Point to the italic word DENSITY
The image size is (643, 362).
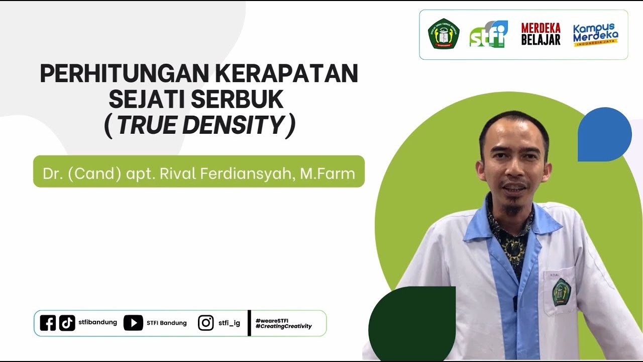tap(233, 125)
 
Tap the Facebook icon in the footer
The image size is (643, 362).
tap(48, 323)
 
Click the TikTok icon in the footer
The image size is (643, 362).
tap(67, 323)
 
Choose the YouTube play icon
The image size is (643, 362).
tap(133, 323)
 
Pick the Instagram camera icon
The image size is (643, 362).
tap(205, 323)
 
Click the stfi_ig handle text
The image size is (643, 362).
tap(229, 323)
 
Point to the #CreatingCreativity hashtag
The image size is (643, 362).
tap(283, 326)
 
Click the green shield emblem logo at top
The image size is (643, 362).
tap(444, 34)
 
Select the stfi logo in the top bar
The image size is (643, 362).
tap(488, 35)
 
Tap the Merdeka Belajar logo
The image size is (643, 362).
tap(541, 34)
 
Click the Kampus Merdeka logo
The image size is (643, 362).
tap(596, 34)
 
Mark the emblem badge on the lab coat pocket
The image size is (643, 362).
tap(561, 293)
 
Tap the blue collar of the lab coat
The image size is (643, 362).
tap(545, 221)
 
